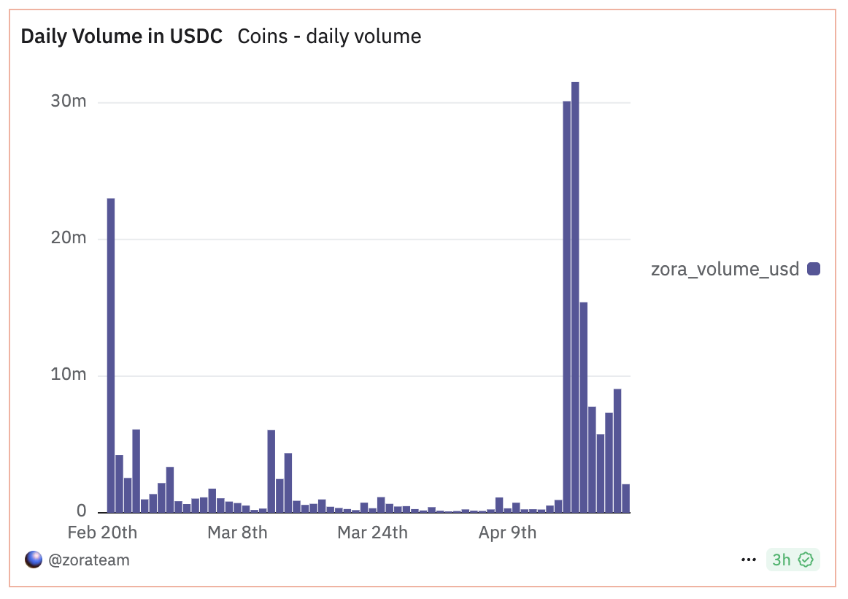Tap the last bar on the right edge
[x=625, y=497]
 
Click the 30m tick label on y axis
[x=69, y=102]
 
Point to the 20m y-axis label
[x=69, y=238]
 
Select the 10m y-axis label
[x=69, y=375]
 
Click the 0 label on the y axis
[x=81, y=511]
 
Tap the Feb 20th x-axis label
[x=102, y=533]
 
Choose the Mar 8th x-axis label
[x=237, y=533]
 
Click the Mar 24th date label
[x=372, y=533]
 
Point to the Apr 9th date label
[x=507, y=533]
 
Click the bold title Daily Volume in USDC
[x=122, y=37]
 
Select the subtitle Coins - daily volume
[x=329, y=37]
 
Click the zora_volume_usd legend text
[x=725, y=269]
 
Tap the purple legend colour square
[x=814, y=269]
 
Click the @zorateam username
[x=88, y=560]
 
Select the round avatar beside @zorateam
[x=34, y=560]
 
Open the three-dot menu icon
[x=748, y=560]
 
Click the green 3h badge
[x=792, y=560]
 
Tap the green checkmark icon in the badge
[x=806, y=560]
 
